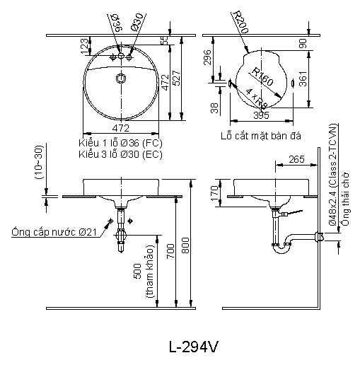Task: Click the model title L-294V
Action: [193, 347]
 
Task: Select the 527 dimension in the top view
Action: [177, 78]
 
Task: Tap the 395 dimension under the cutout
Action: [261, 115]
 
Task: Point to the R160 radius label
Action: [262, 76]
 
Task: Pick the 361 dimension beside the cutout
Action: [303, 79]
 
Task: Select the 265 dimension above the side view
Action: [296, 159]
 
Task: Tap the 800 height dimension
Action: [185, 245]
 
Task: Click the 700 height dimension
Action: [170, 251]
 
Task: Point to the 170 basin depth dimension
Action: [215, 193]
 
